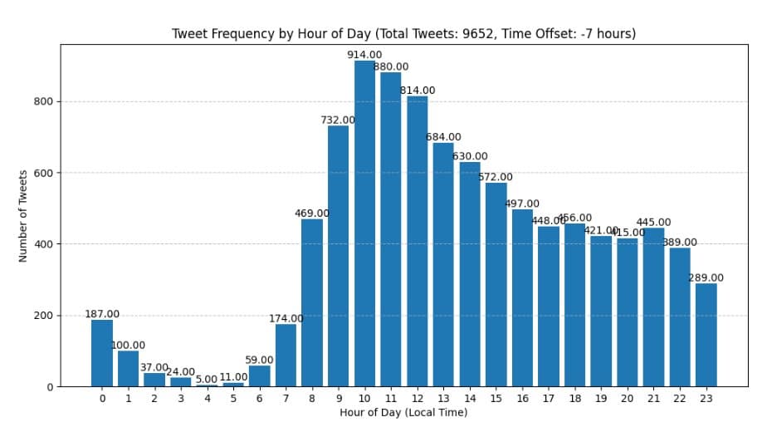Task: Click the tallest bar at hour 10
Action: pos(364,224)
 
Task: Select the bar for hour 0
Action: pos(102,353)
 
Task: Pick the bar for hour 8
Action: pos(312,302)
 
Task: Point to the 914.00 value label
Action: pos(364,55)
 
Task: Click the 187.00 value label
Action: pos(102,314)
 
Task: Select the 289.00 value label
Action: pos(706,277)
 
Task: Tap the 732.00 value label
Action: pos(338,120)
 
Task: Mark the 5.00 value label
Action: pos(206,379)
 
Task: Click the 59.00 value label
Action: pos(259,360)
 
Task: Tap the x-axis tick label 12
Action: pos(417,399)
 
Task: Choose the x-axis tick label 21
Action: pos(653,399)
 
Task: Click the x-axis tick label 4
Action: pos(207,399)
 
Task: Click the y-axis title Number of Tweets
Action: pos(23,216)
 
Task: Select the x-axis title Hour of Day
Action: pos(403,413)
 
